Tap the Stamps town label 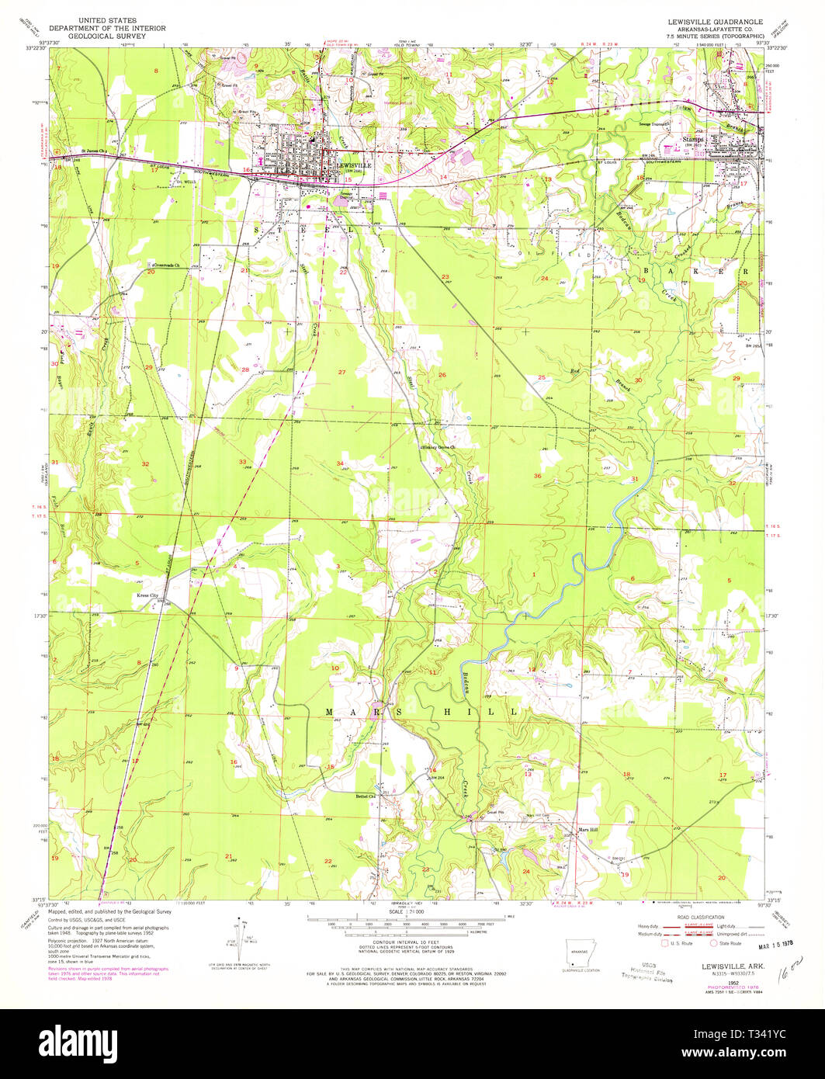692,140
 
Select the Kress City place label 147,595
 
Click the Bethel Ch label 365,796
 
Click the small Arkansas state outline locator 575,952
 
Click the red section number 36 536,476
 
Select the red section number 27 341,373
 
